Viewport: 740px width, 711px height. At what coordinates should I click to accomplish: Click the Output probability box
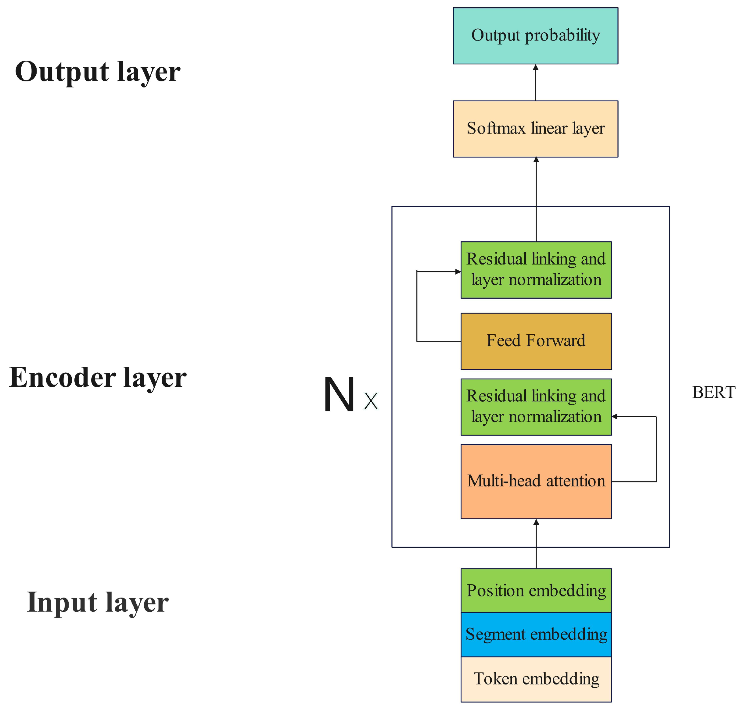(535, 36)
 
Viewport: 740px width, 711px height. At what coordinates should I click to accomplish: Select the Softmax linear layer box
(535, 129)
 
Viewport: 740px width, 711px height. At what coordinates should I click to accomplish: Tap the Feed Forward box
(536, 341)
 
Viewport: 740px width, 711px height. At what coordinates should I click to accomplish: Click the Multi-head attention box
(536, 481)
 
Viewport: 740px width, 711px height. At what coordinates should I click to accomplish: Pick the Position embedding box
(536, 591)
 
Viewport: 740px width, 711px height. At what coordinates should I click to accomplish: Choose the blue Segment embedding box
(536, 635)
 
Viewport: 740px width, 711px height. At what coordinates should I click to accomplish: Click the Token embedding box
(536, 679)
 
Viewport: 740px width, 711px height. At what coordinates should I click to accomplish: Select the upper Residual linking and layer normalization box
(536, 270)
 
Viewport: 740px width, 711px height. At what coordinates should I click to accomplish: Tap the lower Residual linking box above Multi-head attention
(536, 407)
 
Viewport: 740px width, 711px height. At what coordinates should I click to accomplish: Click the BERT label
(713, 392)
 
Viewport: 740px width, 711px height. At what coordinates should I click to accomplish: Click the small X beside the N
(371, 401)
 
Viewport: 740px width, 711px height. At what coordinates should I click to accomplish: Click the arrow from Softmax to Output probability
(535, 83)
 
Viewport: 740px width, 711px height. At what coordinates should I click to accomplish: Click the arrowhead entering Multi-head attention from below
(536, 522)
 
